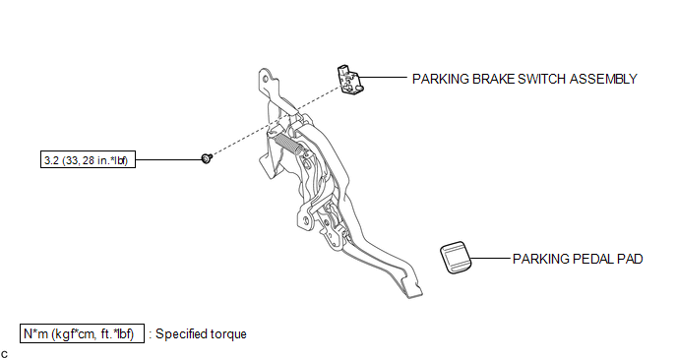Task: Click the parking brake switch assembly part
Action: coord(350,80)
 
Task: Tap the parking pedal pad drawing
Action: coord(456,258)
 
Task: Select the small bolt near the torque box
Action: coord(207,158)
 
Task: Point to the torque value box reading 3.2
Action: coord(89,159)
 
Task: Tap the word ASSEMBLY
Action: coord(603,79)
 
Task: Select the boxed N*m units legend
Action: coord(82,333)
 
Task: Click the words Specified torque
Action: coord(201,334)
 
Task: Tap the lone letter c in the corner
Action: coord(4,355)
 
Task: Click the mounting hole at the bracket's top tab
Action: coord(264,79)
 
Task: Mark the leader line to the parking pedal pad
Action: coord(490,259)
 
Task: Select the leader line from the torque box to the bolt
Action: coord(169,159)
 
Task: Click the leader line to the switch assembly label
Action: coord(383,78)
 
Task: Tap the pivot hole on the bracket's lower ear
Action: coord(306,220)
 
